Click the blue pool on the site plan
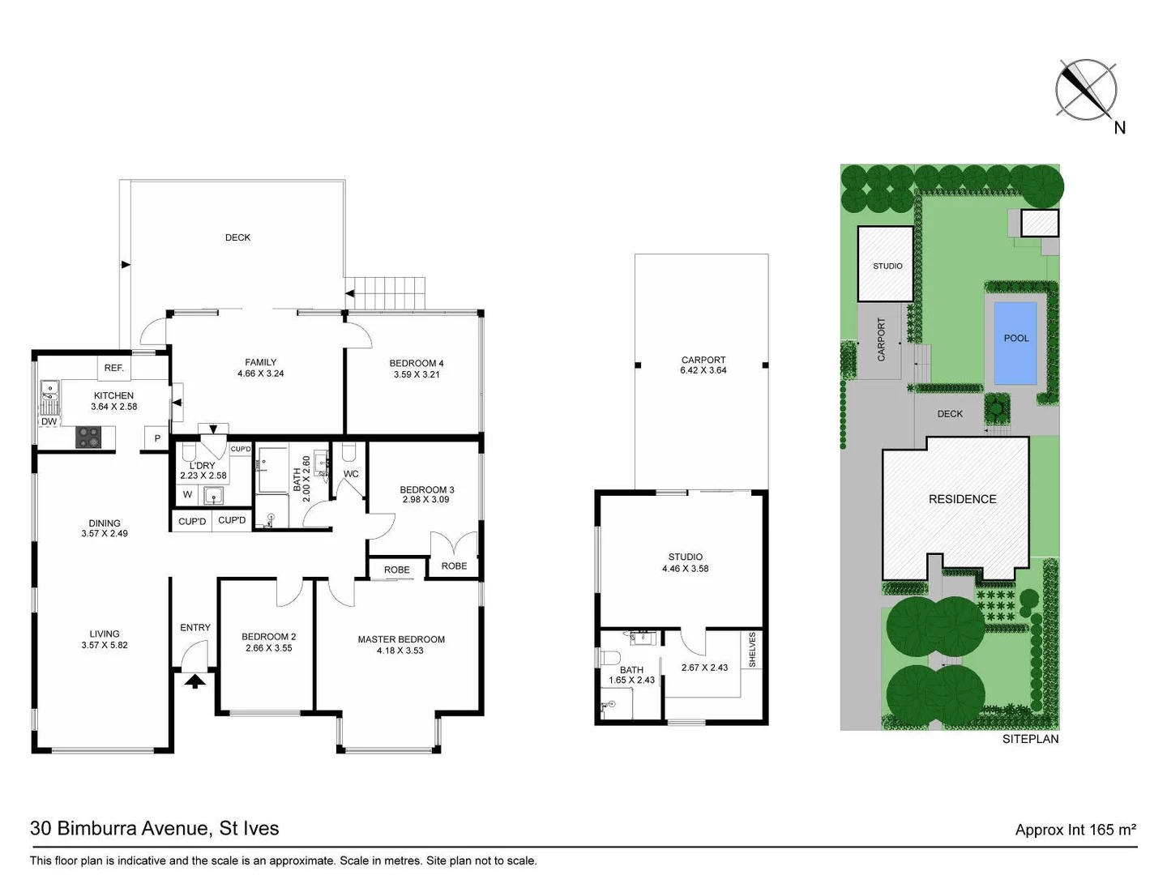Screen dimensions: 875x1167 (x=1015, y=342)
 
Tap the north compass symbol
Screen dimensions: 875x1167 (x=1086, y=89)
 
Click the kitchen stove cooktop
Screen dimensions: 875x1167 (x=88, y=437)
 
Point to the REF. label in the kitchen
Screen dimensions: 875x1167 (x=114, y=368)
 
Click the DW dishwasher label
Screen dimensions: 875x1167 (x=49, y=421)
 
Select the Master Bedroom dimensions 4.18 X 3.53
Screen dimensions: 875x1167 (x=400, y=651)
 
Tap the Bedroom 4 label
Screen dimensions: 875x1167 (x=417, y=363)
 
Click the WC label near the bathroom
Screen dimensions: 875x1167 (x=351, y=474)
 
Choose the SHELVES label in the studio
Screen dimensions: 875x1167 (x=752, y=650)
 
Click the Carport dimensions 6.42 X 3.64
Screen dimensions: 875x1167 (x=703, y=370)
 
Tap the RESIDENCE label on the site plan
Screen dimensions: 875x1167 (x=962, y=499)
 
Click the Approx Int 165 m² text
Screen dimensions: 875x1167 (x=1075, y=830)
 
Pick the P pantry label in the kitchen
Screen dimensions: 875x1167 (x=157, y=438)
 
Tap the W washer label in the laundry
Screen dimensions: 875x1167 (x=187, y=494)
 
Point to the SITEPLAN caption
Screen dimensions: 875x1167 (x=1030, y=739)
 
